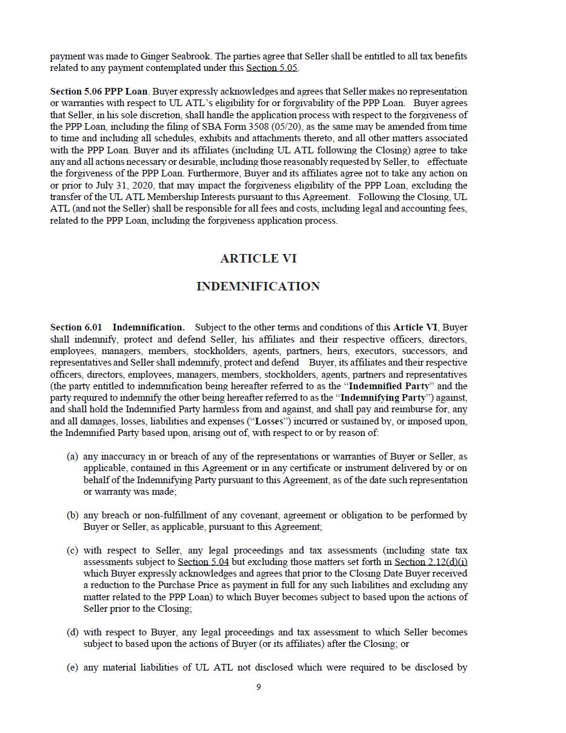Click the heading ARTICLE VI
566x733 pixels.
point(258,258)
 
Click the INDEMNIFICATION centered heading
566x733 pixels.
point(258,286)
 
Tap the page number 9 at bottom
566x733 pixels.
point(258,687)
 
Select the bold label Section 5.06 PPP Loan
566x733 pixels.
point(99,92)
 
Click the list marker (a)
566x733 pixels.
point(72,457)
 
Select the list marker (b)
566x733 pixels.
point(72,515)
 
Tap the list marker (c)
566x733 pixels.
point(72,551)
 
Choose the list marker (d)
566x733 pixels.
point(72,632)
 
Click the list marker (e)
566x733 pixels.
point(72,668)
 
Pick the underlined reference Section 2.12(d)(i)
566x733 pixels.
point(431,562)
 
